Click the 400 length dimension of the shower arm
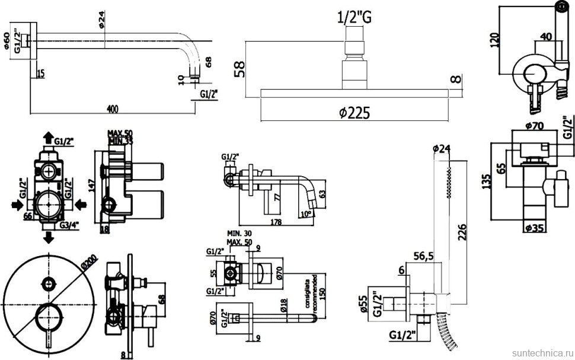[x=113, y=108]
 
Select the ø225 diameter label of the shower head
[x=355, y=113]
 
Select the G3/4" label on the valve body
[x=69, y=225]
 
